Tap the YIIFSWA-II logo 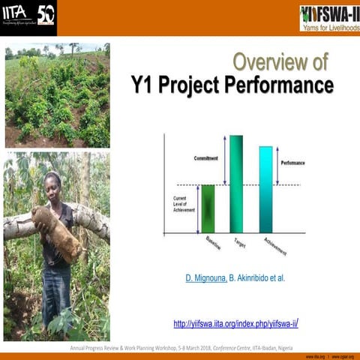click(x=328, y=17)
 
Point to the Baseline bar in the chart click(x=208, y=208)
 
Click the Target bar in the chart click(x=236, y=184)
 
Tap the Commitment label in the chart click(x=206, y=159)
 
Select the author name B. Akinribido click(x=250, y=278)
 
